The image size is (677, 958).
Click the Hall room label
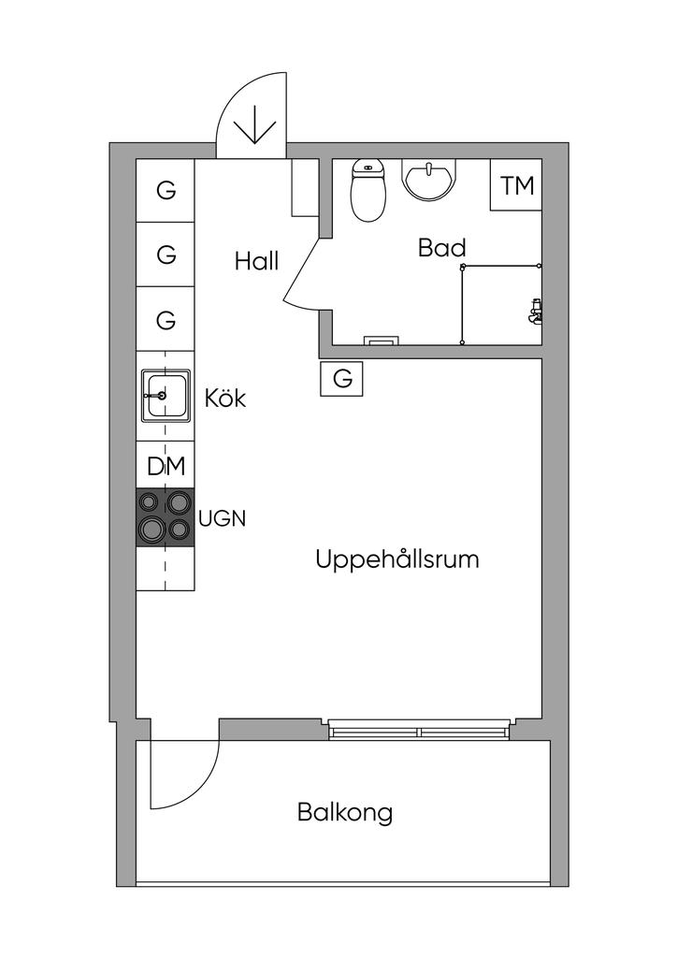256,262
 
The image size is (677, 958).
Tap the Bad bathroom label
442,248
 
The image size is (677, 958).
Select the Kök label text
225,398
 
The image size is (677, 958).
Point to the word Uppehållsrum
396,559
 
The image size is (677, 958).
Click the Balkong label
345,813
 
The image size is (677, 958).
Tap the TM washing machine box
516,185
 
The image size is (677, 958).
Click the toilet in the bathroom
368,190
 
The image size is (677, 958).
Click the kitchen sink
166,396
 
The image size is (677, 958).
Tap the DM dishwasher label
166,466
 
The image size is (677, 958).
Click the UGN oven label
223,518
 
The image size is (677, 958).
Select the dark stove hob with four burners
166,516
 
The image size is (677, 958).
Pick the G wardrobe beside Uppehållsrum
342,379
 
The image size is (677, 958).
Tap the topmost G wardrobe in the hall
166,190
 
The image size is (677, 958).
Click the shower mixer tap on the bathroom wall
536,311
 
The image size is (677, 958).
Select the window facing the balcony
419,730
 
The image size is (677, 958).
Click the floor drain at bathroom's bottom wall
382,341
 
